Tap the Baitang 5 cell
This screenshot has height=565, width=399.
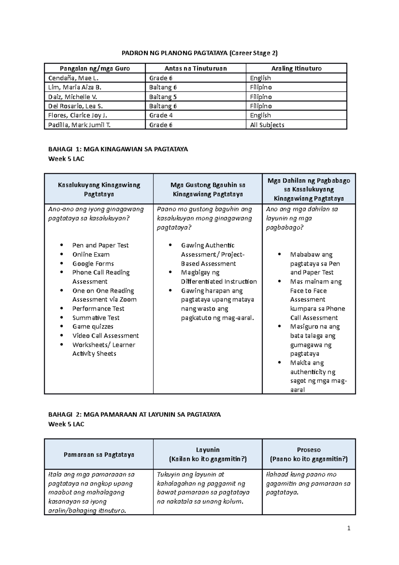163,97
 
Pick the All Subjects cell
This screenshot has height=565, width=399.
267,125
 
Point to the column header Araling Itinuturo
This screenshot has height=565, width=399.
296,69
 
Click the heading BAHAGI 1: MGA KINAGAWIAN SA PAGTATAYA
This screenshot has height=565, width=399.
118,149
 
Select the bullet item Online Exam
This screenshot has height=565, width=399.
91,255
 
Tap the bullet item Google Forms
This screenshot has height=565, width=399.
93,264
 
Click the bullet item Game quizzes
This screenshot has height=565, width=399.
93,326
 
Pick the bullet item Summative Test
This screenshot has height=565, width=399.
96,318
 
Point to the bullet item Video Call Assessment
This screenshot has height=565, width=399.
105,336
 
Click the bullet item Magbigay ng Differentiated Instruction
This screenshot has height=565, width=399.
218,277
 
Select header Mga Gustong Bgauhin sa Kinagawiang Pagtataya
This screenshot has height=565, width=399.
208,189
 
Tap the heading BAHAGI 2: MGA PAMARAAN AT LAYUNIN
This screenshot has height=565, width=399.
134,415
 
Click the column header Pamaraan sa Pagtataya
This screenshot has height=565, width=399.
99,455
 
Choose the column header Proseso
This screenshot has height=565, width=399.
309,450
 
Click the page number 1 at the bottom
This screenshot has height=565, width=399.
349,528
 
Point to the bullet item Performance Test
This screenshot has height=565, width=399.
98,308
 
